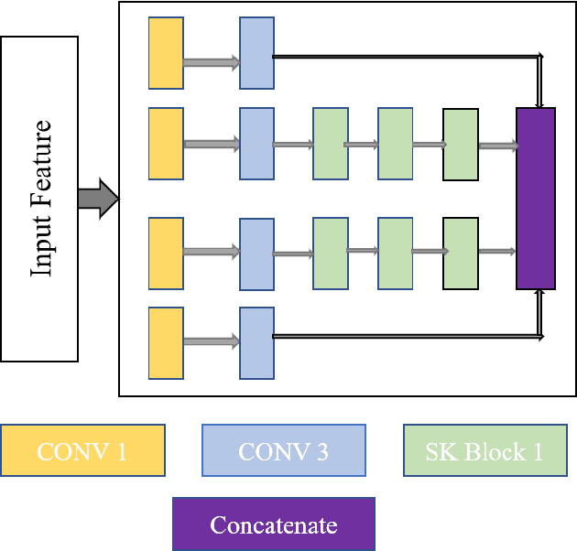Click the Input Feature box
click(39, 199)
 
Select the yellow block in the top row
click(166, 52)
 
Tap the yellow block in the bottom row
click(166, 343)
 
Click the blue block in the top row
click(256, 52)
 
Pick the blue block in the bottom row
click(256, 343)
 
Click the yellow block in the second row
click(166, 144)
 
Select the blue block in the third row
click(256, 254)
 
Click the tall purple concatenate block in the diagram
click(536, 198)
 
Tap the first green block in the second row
click(330, 144)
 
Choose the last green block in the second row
click(461, 144)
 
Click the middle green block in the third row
click(396, 254)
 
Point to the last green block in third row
click(461, 254)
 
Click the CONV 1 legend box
click(82, 450)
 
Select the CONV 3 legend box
click(283, 450)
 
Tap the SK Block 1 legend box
click(484, 450)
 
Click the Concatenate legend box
click(273, 524)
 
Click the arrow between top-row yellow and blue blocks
click(211, 63)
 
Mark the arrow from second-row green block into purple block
click(497, 146)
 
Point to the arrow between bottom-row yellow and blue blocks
click(211, 341)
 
